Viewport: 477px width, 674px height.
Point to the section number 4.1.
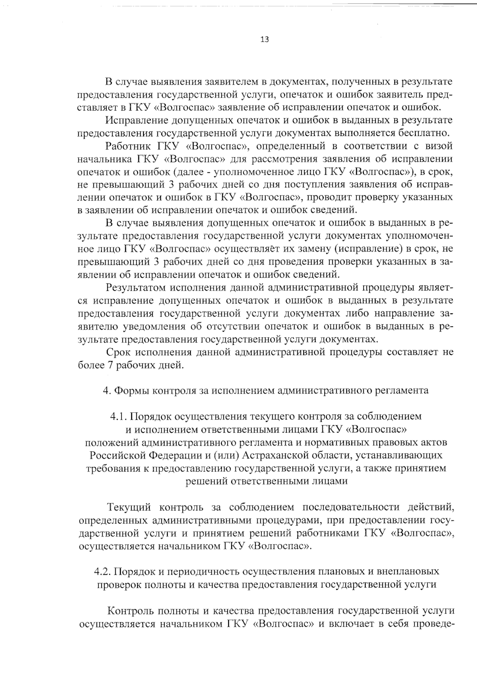click(118, 417)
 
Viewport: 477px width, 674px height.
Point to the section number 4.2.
click(103, 572)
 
